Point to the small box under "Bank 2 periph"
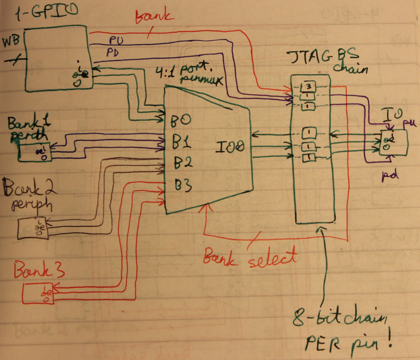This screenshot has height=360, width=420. pos(33,228)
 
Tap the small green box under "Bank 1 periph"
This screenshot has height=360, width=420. pos(35,153)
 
